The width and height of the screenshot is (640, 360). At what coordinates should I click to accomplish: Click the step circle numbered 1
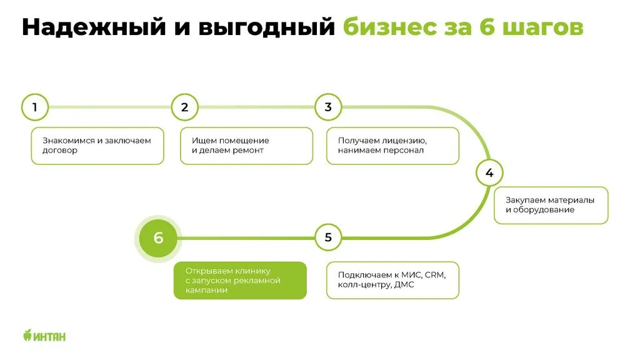click(34, 107)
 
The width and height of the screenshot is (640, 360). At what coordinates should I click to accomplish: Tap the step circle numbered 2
click(184, 107)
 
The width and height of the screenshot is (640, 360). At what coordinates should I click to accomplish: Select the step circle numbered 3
click(328, 107)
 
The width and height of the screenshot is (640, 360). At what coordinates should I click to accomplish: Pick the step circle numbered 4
click(489, 173)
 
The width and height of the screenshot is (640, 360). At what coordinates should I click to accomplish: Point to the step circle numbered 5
click(328, 237)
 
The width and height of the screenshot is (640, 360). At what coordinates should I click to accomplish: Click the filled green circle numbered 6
click(158, 237)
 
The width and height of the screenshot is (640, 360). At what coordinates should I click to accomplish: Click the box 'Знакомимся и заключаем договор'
click(97, 146)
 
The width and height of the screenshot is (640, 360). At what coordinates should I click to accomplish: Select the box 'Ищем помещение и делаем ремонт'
click(246, 146)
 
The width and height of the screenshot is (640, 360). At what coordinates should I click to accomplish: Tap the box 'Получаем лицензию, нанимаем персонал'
click(392, 146)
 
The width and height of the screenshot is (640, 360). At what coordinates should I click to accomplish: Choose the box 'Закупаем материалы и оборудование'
click(551, 205)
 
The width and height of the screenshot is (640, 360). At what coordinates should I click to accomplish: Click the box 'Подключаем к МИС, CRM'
click(392, 280)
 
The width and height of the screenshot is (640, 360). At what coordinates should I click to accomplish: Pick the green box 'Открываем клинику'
click(240, 281)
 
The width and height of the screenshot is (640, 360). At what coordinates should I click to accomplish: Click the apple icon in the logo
click(27, 336)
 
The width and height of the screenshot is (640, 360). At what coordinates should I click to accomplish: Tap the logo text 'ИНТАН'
click(49, 336)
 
